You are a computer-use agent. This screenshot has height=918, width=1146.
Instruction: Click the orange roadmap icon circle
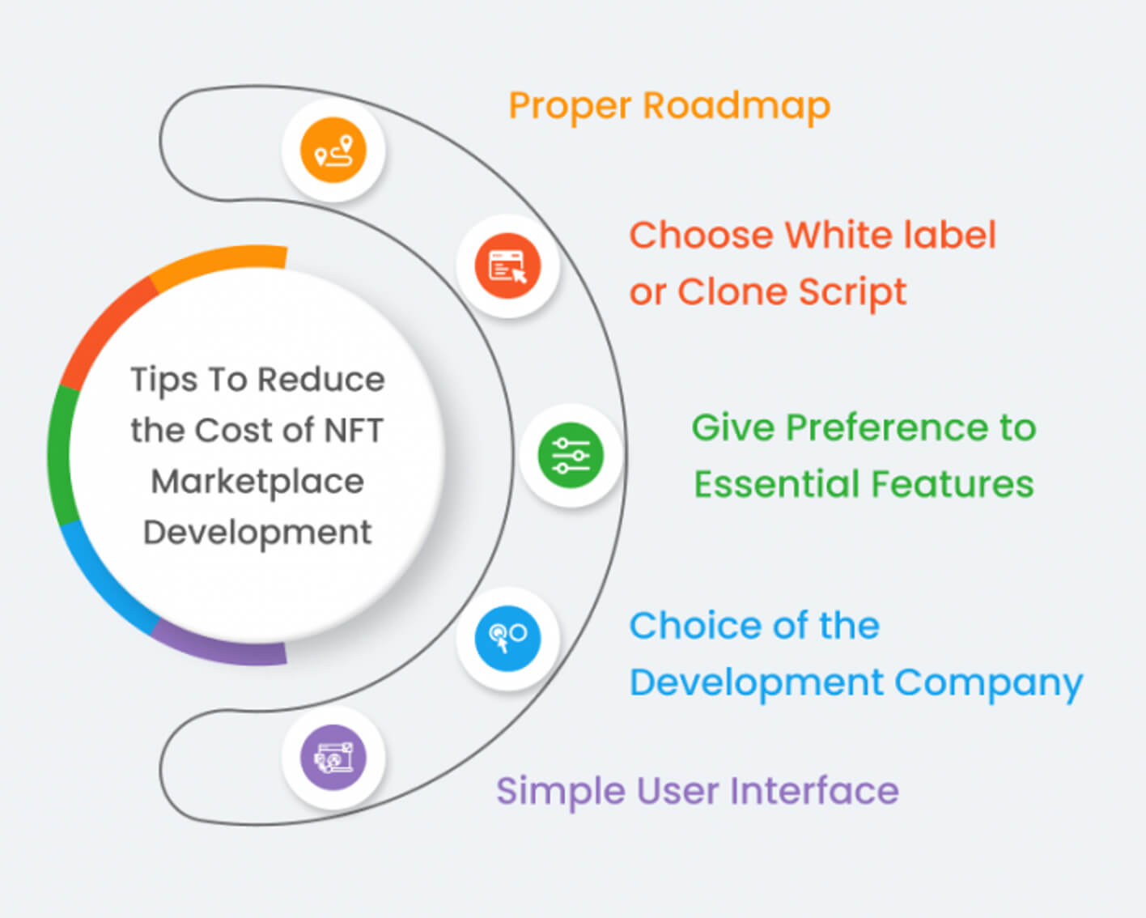[x=333, y=150]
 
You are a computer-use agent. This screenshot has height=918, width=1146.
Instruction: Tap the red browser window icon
[x=507, y=266]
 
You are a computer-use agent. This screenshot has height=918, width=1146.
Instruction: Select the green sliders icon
[x=571, y=456]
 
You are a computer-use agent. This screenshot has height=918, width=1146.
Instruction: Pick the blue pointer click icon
[x=507, y=638]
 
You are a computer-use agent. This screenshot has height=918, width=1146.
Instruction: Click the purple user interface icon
[x=333, y=758]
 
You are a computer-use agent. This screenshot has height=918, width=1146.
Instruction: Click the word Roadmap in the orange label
[x=736, y=107]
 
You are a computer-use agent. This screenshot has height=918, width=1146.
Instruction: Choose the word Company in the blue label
[x=988, y=684]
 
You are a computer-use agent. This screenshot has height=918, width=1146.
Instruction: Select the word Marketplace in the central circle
[x=257, y=482]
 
